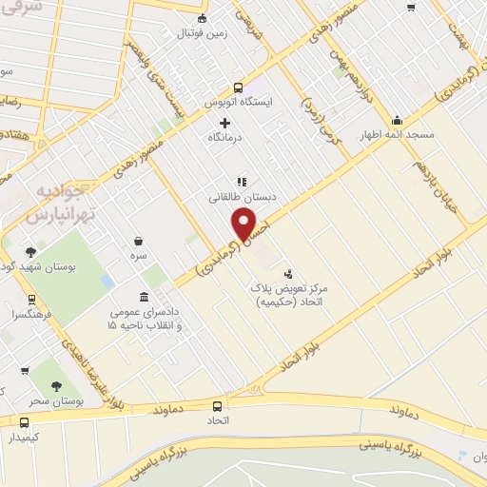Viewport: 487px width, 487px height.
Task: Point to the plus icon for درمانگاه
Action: [224, 123]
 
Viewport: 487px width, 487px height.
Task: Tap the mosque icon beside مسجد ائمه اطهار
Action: [397, 121]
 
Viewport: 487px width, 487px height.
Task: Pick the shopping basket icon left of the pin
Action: [140, 242]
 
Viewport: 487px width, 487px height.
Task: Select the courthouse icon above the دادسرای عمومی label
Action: [143, 297]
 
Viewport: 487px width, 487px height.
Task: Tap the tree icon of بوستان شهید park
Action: [31, 252]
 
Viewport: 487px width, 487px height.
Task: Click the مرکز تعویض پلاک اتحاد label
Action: [286, 294]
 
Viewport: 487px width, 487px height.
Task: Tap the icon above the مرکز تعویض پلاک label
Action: [289, 273]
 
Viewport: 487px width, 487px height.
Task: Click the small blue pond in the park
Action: [106, 282]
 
